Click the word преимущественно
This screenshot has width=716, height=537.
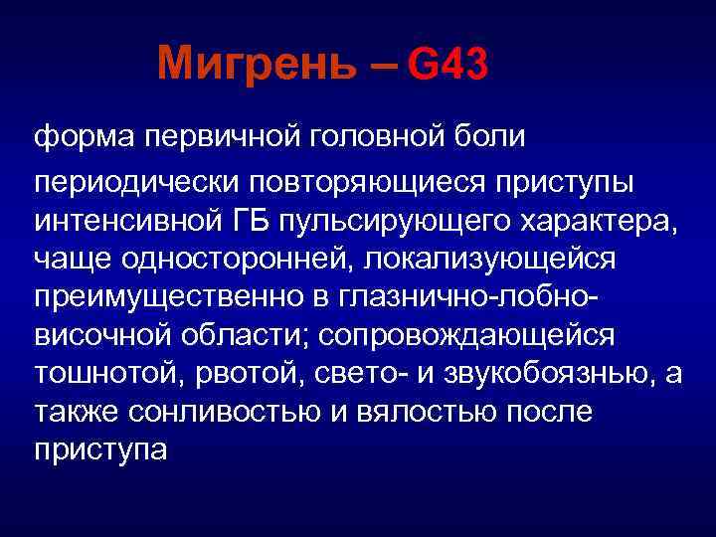pos(157,297)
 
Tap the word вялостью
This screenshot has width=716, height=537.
pos(433,409)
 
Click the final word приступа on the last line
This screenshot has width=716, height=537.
pos(101,446)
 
